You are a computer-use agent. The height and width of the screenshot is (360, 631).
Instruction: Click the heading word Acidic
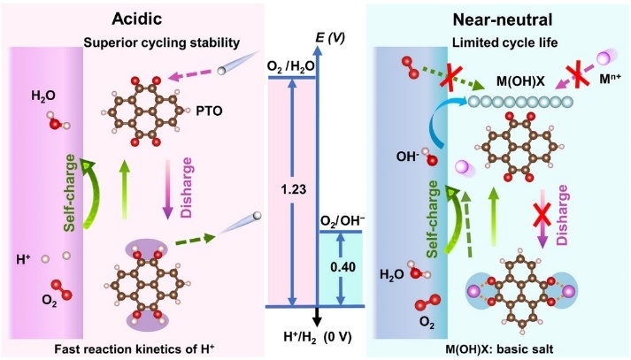(137, 19)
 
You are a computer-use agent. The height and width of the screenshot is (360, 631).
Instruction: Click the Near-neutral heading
(503, 19)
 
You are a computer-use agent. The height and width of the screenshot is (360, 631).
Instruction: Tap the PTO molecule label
(209, 111)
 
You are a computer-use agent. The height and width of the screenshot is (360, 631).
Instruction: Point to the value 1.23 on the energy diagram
(294, 189)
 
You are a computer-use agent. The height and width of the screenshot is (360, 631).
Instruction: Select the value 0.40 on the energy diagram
(342, 266)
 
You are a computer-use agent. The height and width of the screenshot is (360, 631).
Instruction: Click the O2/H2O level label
(291, 65)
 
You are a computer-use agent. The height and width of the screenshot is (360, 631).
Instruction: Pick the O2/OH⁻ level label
(342, 221)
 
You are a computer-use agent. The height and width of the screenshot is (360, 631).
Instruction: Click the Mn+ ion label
(610, 80)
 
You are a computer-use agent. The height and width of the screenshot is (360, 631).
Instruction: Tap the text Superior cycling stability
(162, 42)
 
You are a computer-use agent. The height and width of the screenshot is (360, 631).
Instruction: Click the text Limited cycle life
(505, 42)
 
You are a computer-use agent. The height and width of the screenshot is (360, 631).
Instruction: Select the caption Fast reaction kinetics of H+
(135, 349)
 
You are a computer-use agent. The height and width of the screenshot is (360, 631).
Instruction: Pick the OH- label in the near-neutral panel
(408, 157)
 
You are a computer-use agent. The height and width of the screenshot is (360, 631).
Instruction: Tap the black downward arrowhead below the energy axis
(318, 319)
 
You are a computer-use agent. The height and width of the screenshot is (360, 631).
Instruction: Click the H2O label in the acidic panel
(43, 96)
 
